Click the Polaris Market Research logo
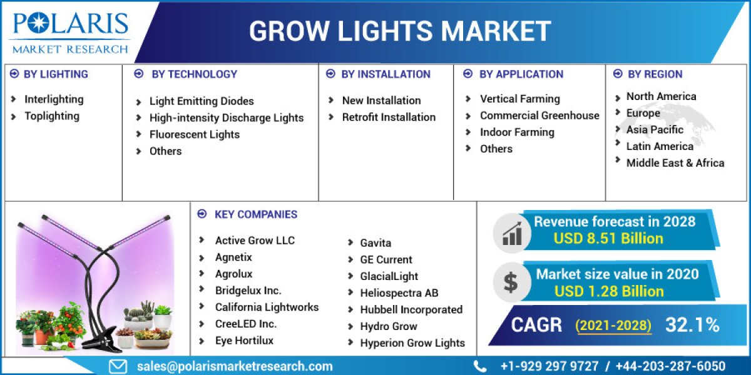(69, 31)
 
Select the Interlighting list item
(54, 99)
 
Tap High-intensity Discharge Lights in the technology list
(226, 117)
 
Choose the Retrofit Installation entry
(389, 117)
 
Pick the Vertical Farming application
(519, 99)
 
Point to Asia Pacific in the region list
(655, 129)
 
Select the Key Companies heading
(255, 214)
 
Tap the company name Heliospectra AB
(399, 292)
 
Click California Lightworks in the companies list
(267, 307)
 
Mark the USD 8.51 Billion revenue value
(608, 238)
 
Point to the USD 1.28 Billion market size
(609, 291)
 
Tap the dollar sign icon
(511, 282)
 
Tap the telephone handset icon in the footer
(480, 366)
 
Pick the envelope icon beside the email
(118, 366)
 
